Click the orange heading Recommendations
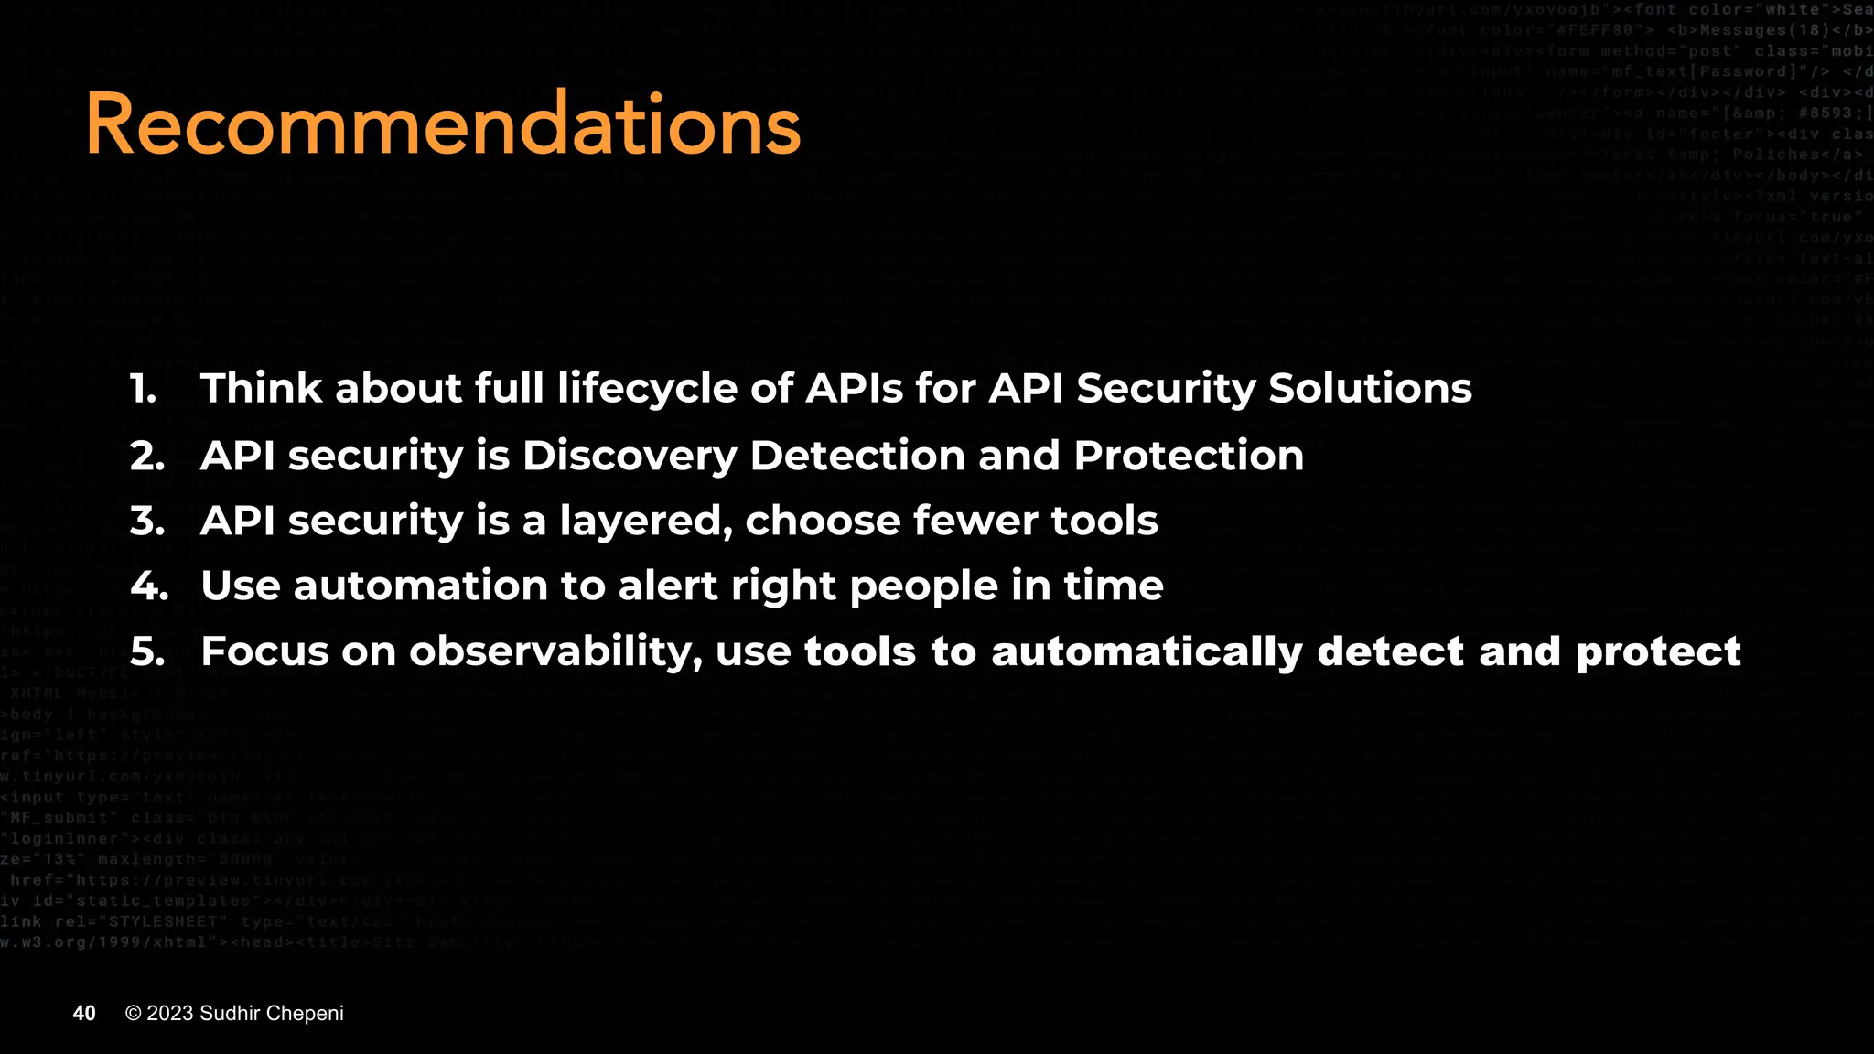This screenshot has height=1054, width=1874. point(443,124)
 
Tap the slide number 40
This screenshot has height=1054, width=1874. point(84,1013)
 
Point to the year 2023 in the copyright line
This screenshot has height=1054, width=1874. point(170,1013)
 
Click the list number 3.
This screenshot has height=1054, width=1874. point(146,521)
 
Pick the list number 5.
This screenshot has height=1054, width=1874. point(146,651)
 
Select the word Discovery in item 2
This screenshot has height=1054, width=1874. point(629,456)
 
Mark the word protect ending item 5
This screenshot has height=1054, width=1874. point(1658,652)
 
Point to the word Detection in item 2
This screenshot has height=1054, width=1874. point(856,456)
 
